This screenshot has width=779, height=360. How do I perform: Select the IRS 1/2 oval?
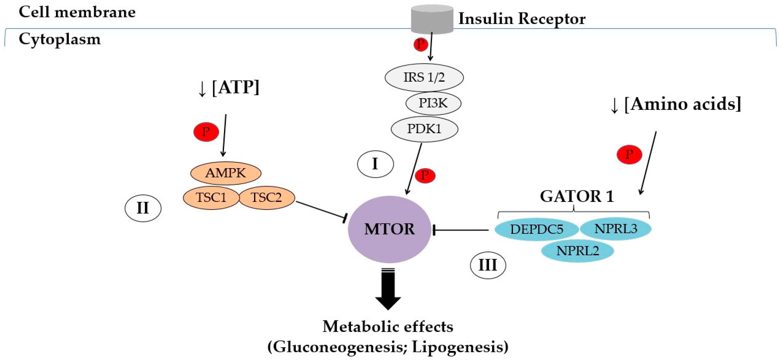pos(424,77)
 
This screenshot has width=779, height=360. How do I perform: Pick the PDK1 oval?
pos(424,129)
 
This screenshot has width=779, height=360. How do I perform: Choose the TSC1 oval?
pos(211,198)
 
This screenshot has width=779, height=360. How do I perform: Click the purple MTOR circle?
pos(389,229)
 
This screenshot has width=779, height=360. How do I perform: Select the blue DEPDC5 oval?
pos(537,229)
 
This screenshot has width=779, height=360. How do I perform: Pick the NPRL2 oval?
pos(577,251)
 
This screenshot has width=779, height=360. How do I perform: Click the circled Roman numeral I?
pos(375,164)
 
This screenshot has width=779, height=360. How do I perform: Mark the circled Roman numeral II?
pos(143,208)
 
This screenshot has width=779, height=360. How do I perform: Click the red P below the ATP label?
pos(206,132)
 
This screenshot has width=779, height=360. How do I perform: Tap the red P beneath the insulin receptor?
pos(421,44)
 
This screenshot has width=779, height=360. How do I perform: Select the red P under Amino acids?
pos(629,154)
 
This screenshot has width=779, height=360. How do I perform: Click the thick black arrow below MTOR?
pos(388,289)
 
